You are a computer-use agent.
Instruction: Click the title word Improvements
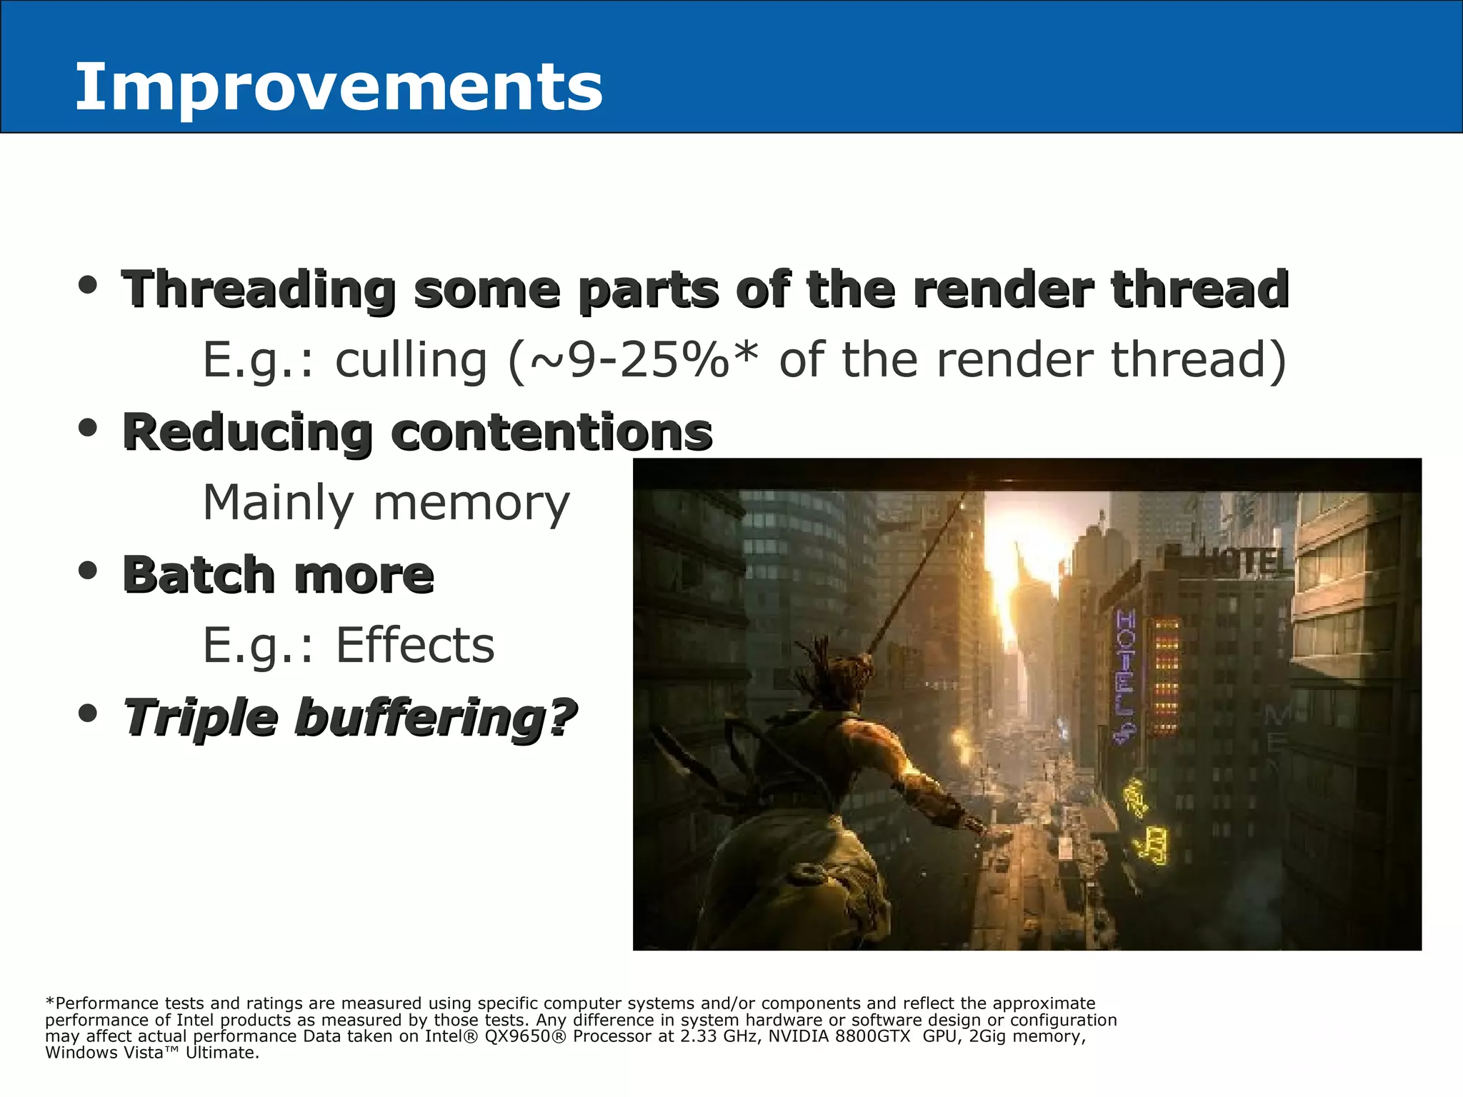point(339,87)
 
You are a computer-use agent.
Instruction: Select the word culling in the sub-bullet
point(411,360)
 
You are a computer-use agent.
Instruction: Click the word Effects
point(415,646)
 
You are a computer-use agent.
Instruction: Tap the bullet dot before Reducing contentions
point(88,429)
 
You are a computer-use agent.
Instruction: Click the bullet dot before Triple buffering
point(88,713)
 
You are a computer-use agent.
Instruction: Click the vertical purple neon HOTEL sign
point(1125,671)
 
